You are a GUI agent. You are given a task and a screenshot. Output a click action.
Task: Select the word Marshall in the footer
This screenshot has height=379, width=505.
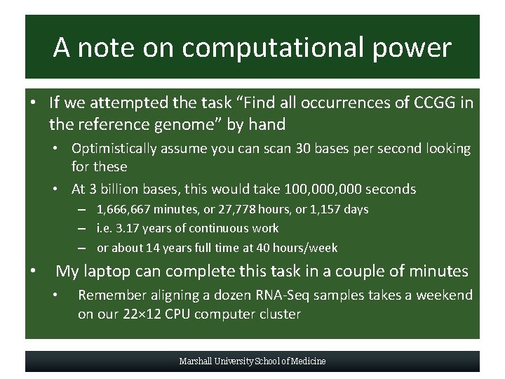[x=198, y=361]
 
